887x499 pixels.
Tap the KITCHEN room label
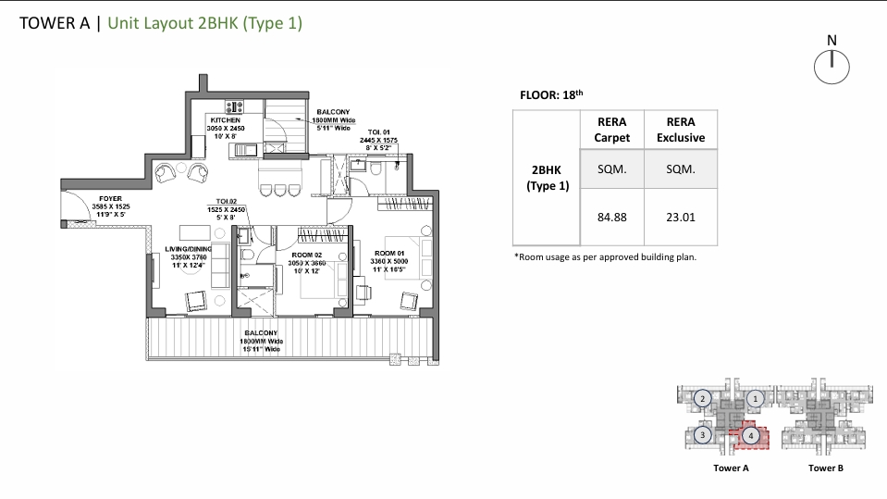pos(226,120)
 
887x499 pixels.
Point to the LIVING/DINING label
pos(189,249)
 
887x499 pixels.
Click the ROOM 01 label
pos(388,253)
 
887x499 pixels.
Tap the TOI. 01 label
pos(379,131)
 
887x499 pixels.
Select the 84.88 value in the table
pos(612,218)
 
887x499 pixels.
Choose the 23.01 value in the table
pos(680,218)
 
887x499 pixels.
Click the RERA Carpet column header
pos(612,130)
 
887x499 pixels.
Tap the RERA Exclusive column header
pos(680,130)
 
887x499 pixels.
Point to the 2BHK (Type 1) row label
pos(548,178)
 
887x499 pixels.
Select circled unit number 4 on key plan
pos(752,434)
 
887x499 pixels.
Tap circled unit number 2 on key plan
pos(703,398)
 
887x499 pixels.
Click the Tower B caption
pos(826,468)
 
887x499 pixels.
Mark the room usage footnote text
pos(604,257)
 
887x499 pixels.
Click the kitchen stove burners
pos(235,106)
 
